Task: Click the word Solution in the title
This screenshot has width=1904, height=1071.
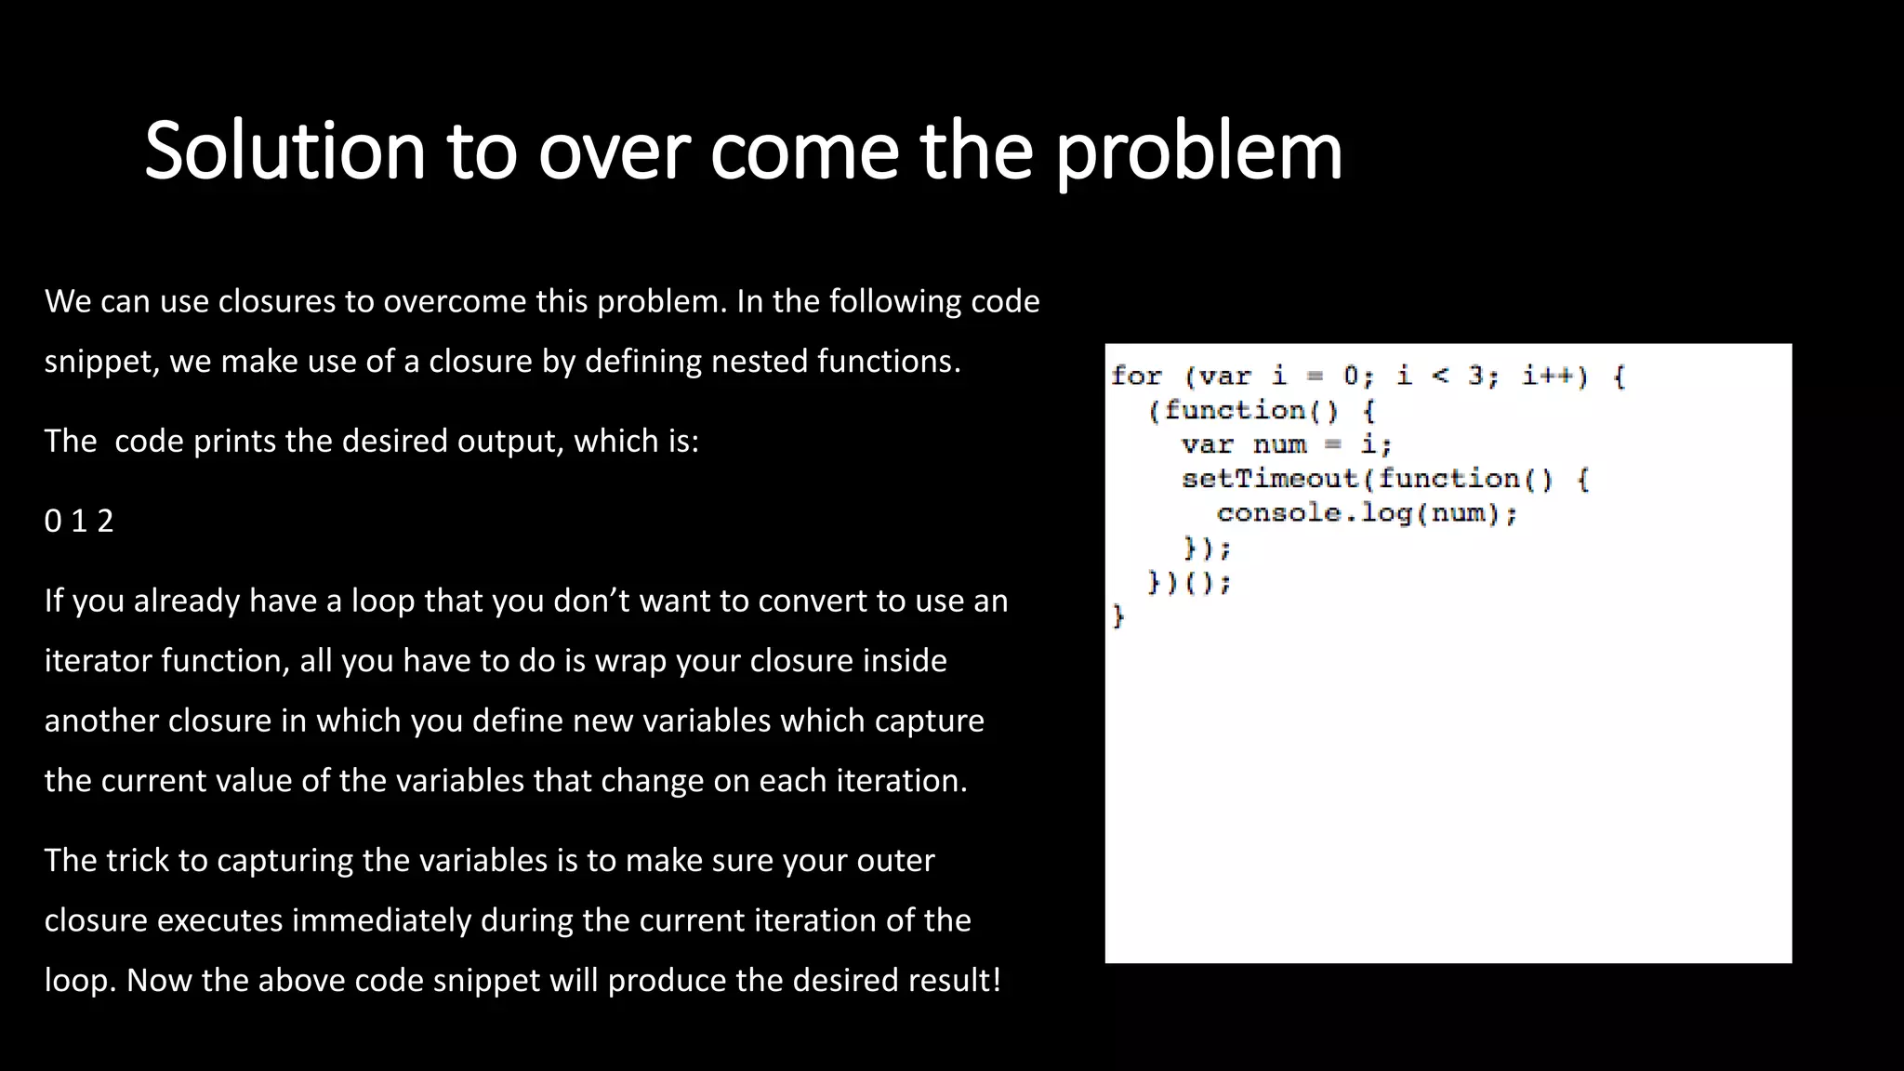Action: pyautogui.click(x=284, y=151)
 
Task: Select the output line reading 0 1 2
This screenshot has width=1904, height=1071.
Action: pyautogui.click(x=79, y=521)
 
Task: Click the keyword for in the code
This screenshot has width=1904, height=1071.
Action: pyautogui.click(x=1136, y=377)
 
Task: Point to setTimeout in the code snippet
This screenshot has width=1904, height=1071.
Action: pyautogui.click(x=1270, y=479)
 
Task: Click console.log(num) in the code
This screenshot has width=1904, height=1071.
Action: pyautogui.click(x=1366, y=513)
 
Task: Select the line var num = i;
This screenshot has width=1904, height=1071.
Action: pyautogui.click(x=1286, y=444)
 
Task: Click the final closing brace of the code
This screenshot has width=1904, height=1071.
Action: pyautogui.click(x=1118, y=616)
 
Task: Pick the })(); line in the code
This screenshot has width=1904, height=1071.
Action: pyautogui.click(x=1189, y=583)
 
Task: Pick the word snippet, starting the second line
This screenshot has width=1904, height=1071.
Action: pyautogui.click(x=102, y=361)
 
